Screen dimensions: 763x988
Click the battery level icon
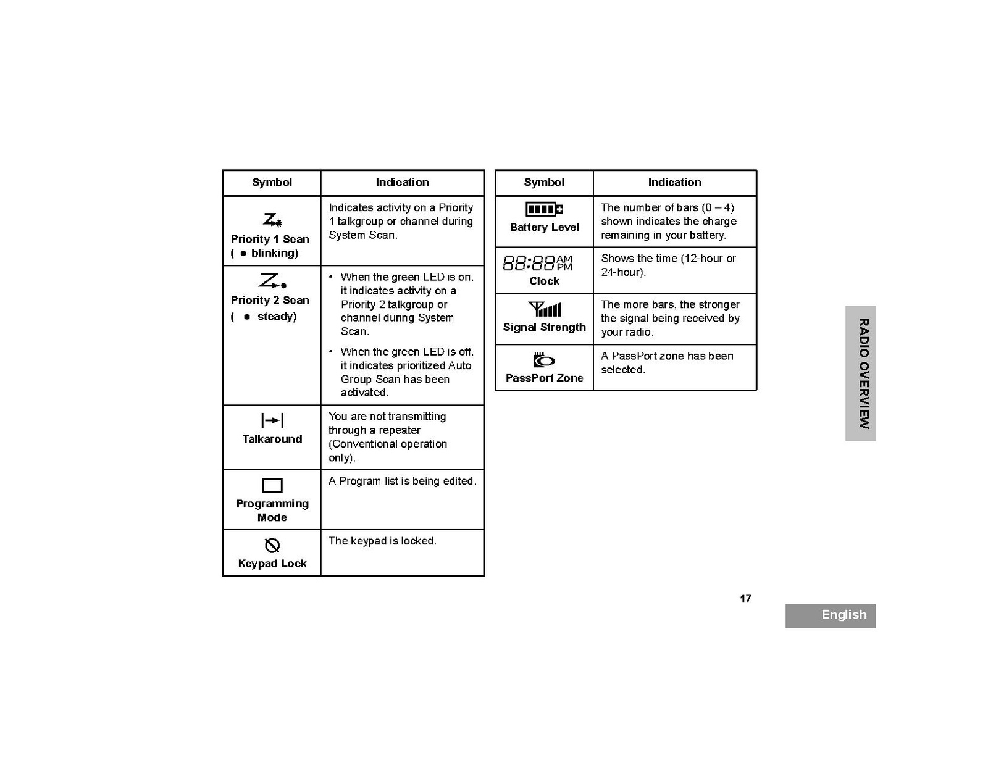pyautogui.click(x=544, y=209)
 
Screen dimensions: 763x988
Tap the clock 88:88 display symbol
pyautogui.click(x=537, y=264)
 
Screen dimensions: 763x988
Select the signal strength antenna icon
pyautogui.click(x=545, y=309)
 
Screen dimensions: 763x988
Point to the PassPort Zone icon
pyautogui.click(x=544, y=360)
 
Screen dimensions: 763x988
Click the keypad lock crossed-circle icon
pyautogui.click(x=272, y=545)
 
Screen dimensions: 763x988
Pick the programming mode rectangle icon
pyautogui.click(x=272, y=485)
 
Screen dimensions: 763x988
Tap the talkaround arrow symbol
pyautogui.click(x=272, y=420)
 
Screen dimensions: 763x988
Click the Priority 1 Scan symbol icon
pyautogui.click(x=272, y=220)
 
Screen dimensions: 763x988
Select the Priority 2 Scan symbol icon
pyautogui.click(x=272, y=281)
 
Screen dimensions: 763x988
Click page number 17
pyautogui.click(x=745, y=599)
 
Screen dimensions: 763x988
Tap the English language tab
pyautogui.click(x=844, y=615)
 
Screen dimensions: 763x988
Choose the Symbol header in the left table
pyautogui.click(x=272, y=182)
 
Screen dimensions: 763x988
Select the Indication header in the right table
pyautogui.click(x=674, y=182)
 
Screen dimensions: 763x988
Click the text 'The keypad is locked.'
pyautogui.click(x=382, y=541)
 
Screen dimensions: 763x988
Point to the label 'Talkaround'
pyautogui.click(x=272, y=439)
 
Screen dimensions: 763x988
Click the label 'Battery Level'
pyautogui.click(x=545, y=227)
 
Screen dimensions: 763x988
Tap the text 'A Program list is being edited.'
pyautogui.click(x=402, y=481)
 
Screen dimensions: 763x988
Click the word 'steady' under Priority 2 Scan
pyautogui.click(x=276, y=317)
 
